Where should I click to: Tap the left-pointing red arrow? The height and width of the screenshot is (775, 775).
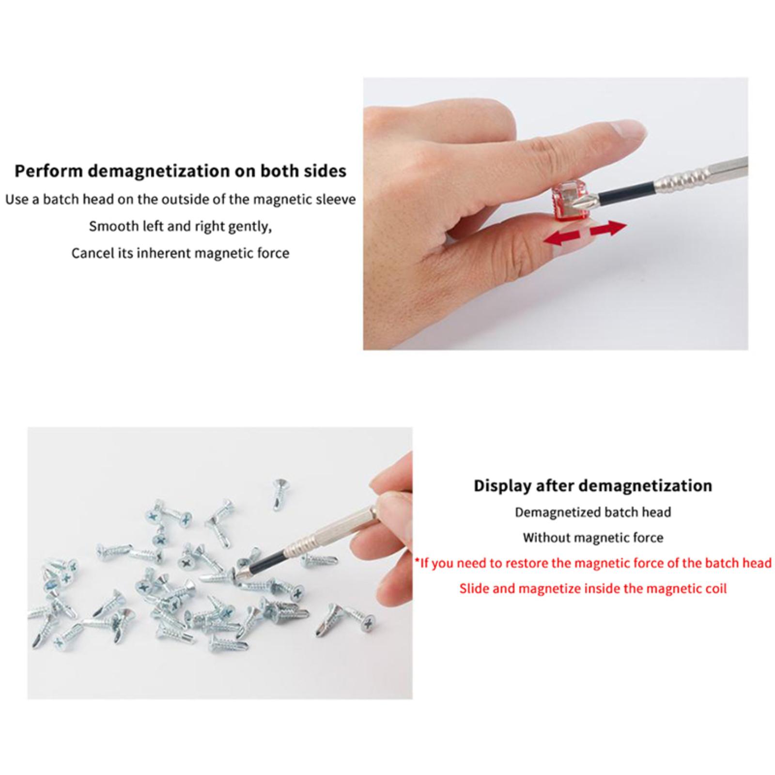point(562,238)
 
